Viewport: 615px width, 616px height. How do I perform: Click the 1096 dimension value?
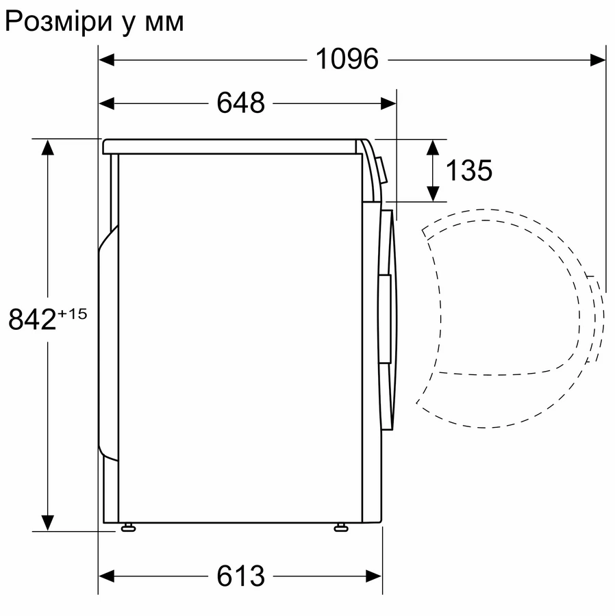click(x=347, y=60)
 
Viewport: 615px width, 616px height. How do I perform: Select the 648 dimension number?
click(x=240, y=103)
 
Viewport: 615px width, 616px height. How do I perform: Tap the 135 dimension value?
click(x=468, y=170)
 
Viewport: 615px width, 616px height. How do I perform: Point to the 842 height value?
click(x=32, y=318)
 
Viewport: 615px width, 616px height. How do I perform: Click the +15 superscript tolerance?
click(x=73, y=314)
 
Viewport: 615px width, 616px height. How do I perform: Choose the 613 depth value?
click(x=240, y=576)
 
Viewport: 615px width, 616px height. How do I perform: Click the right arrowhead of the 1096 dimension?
click(x=597, y=60)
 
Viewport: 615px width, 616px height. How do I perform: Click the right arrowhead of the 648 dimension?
click(x=388, y=103)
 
